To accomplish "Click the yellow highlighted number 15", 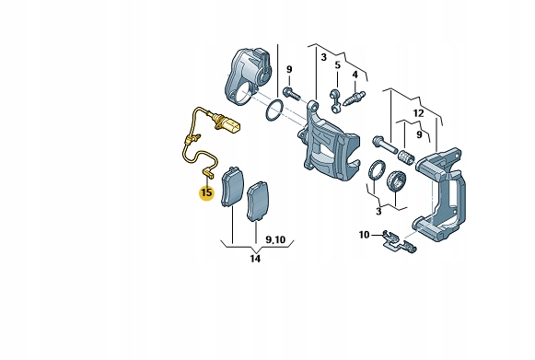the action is (206, 192).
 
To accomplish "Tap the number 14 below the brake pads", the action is (255, 259).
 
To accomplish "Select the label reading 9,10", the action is (275, 240).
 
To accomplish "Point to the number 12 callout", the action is (418, 113).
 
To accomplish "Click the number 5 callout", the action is (337, 64).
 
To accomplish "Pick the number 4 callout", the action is (355, 75).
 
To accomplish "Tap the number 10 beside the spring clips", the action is (364, 235).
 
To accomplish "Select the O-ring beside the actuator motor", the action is (274, 110).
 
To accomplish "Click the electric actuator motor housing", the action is (248, 75).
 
